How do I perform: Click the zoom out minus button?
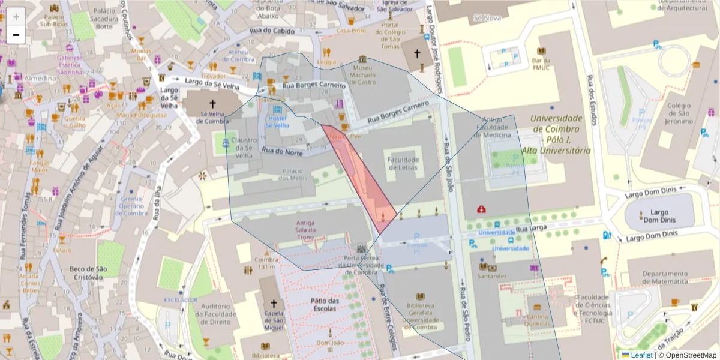point(16,35)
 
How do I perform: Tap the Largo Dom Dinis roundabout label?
point(659,216)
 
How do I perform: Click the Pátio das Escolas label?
point(325,304)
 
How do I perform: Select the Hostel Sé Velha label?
point(277,122)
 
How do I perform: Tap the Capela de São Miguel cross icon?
point(274,304)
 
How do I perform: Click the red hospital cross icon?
point(481,209)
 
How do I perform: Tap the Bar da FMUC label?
point(541,64)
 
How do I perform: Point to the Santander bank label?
point(489,277)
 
